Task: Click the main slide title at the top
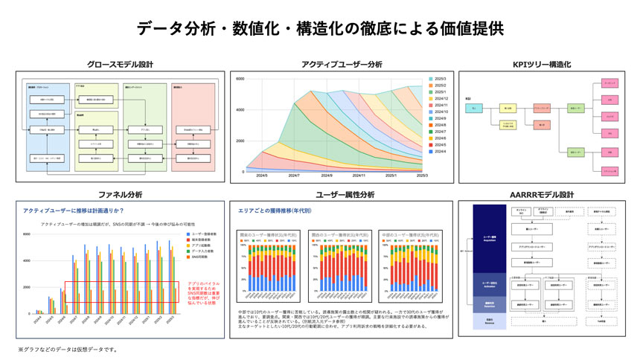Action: [x=320, y=28]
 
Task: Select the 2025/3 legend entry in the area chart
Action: [x=439, y=79]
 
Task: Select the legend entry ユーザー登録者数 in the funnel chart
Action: [x=202, y=234]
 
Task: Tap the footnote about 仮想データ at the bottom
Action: [x=67, y=350]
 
